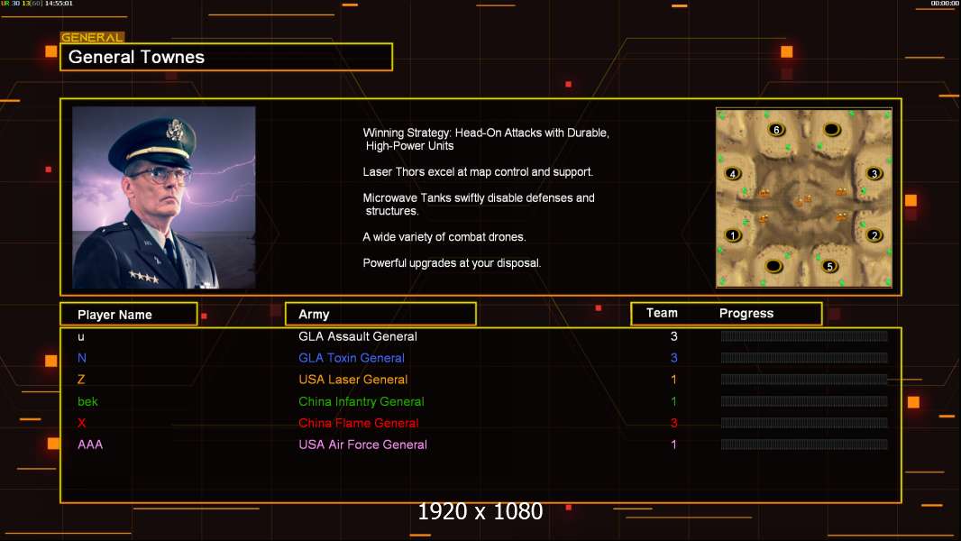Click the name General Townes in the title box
[136, 57]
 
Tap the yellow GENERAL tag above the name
[92, 37]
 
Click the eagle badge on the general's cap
[175, 130]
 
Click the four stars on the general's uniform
[144, 277]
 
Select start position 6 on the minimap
[776, 130]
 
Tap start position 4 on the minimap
[732, 174]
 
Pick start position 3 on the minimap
[874, 174]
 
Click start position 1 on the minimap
[732, 235]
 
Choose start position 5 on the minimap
[830, 267]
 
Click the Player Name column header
[114, 315]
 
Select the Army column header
[314, 315]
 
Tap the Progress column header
[746, 314]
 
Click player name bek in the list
[87, 401]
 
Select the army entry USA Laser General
[353, 380]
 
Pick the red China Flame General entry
[359, 424]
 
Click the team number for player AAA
[673, 445]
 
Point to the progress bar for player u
[804, 335]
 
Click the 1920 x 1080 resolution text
[480, 511]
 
